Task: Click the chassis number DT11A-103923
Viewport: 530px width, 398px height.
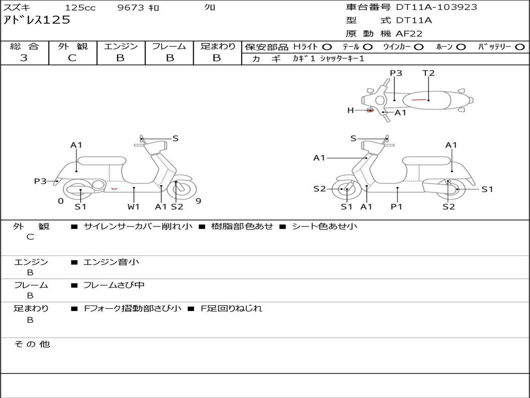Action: (436, 7)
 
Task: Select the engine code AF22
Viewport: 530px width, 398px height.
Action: (409, 34)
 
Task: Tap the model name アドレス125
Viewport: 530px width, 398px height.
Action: (37, 20)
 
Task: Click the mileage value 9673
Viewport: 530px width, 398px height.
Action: (131, 7)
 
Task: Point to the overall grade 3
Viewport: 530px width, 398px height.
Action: (24, 58)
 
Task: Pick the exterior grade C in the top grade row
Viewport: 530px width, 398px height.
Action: (72, 58)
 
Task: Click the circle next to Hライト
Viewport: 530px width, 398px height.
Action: (327, 47)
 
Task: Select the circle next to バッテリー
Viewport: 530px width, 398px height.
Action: (520, 47)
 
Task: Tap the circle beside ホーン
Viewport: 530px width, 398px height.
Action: (461, 47)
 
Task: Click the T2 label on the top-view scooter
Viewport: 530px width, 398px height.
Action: (428, 73)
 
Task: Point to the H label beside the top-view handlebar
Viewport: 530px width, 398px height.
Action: (350, 110)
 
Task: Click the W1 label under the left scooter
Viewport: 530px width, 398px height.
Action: (133, 206)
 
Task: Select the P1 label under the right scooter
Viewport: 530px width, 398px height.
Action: (396, 206)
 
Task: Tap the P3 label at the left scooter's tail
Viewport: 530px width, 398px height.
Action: (40, 181)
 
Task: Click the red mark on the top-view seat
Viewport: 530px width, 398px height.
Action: (419, 100)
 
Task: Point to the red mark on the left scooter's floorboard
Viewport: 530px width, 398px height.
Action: (114, 189)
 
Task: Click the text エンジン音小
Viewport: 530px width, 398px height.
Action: (111, 262)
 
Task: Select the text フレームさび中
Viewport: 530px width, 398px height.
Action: (114, 286)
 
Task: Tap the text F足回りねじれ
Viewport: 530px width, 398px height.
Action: (231, 308)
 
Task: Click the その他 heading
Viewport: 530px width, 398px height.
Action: (32, 344)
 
